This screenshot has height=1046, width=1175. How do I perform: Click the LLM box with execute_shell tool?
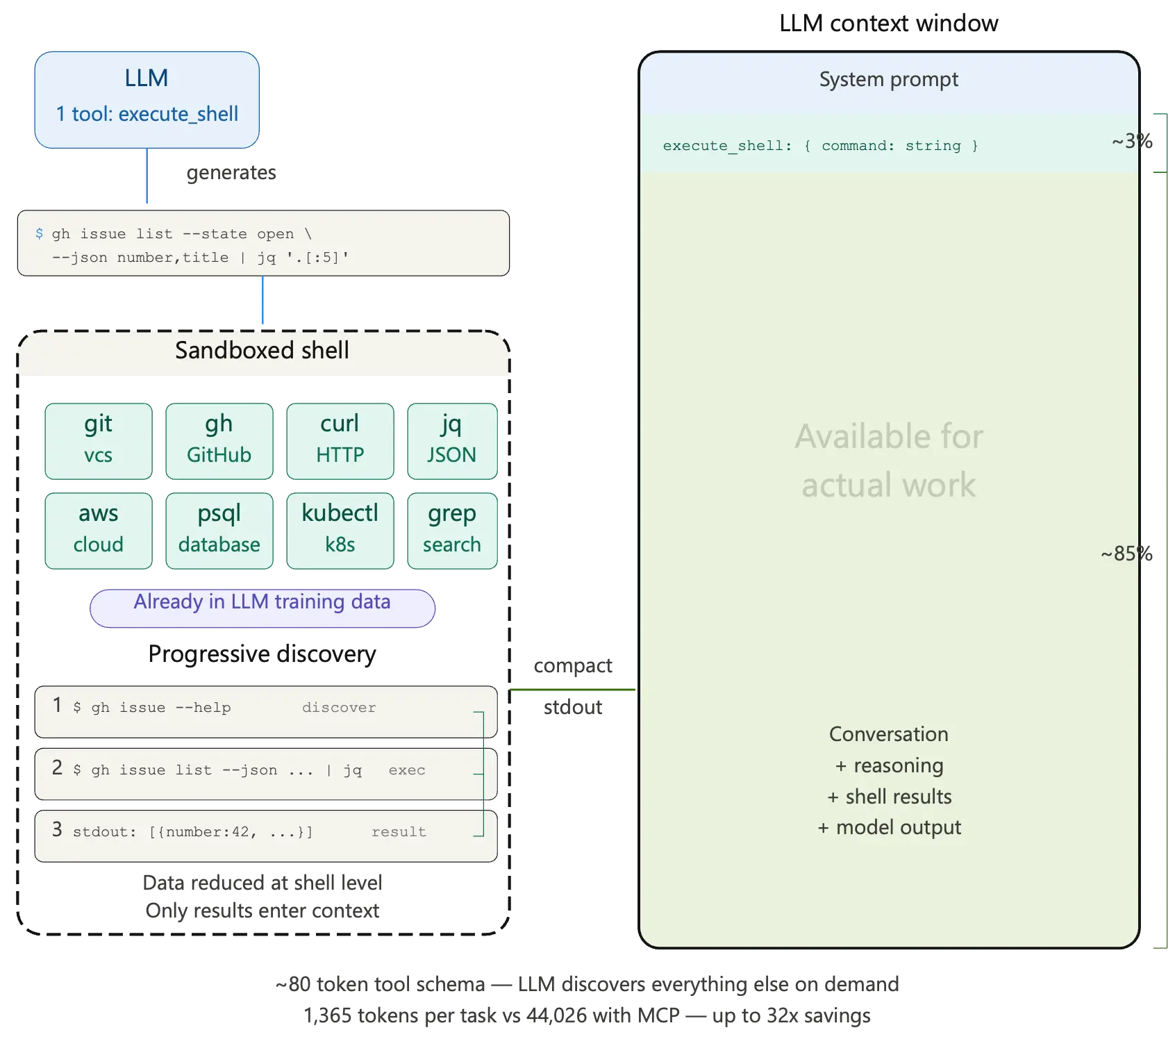point(147,99)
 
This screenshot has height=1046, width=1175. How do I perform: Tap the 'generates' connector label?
point(231,173)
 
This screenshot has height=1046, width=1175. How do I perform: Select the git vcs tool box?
point(99,441)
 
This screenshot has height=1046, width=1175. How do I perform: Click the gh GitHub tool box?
point(219,441)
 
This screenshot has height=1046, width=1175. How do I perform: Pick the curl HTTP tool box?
point(340,441)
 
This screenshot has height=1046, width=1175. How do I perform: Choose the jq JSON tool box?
point(451,441)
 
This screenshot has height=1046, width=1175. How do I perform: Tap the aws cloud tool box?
point(99,531)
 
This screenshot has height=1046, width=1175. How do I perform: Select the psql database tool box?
point(219,531)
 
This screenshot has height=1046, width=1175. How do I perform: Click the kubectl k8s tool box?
point(340,531)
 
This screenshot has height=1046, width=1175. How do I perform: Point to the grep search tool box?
point(451,531)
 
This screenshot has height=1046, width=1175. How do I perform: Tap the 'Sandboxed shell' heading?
point(262,351)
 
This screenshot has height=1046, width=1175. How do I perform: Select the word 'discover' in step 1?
point(339,708)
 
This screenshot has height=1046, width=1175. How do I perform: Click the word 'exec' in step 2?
point(407,770)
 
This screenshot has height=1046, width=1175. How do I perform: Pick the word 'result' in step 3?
point(399,832)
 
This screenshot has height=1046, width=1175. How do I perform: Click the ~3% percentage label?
point(1132,142)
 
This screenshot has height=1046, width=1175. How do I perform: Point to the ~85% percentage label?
point(1126,554)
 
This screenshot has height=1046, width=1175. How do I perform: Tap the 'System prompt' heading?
point(888,80)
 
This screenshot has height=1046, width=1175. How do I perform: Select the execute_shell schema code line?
point(820,146)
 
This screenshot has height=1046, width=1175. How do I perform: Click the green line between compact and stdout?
point(572,690)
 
